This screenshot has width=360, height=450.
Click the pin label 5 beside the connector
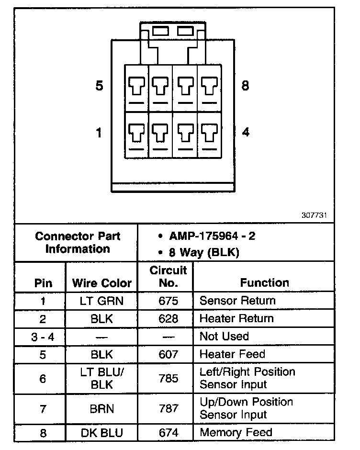pyautogui.click(x=99, y=86)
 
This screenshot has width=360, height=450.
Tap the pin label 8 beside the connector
pyautogui.click(x=245, y=86)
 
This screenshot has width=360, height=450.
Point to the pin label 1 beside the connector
pyautogui.click(x=99, y=132)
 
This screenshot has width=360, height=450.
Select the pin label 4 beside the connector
pyautogui.click(x=246, y=132)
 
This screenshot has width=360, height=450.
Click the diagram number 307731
pyautogui.click(x=315, y=215)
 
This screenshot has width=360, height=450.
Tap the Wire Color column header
pyautogui.click(x=101, y=283)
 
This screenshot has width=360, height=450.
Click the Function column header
pyautogui.click(x=264, y=283)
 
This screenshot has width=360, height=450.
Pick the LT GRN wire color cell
pyautogui.click(x=101, y=301)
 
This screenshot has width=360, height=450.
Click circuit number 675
pyautogui.click(x=168, y=301)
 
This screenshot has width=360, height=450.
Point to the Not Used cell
pyautogui.click(x=224, y=336)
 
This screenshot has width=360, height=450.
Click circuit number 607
pyautogui.click(x=168, y=354)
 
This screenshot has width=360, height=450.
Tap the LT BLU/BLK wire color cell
pyautogui.click(x=101, y=378)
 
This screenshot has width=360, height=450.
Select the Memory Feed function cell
pyautogui.click(x=236, y=433)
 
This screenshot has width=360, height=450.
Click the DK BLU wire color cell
pyautogui.click(x=101, y=433)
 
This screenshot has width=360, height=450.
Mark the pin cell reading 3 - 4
pyautogui.click(x=43, y=336)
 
